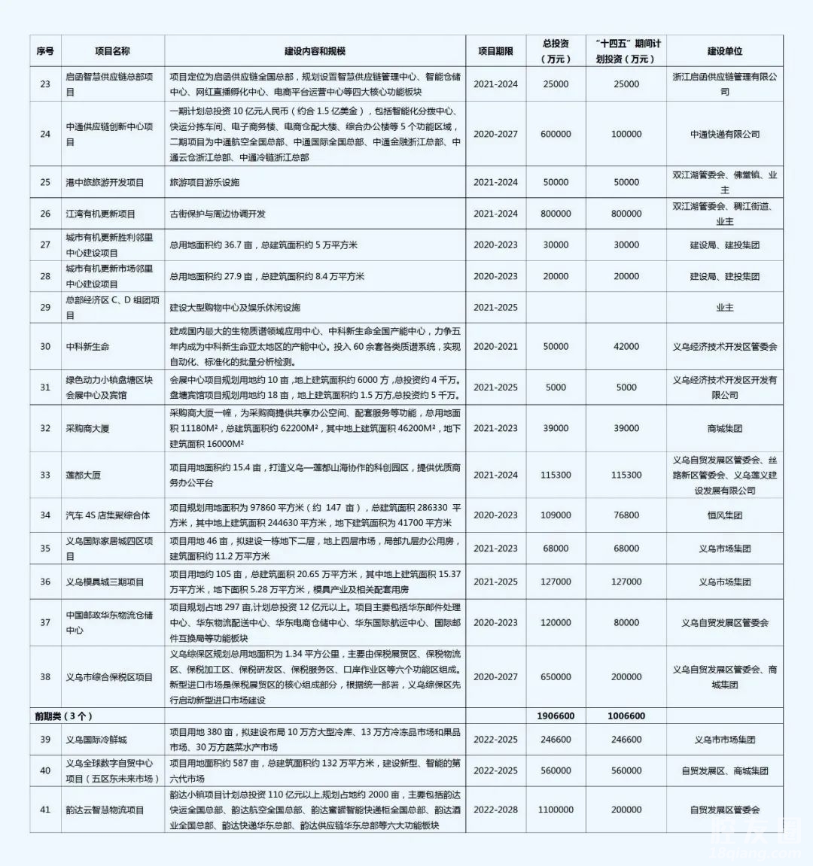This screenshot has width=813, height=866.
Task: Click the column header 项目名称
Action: [x=112, y=51]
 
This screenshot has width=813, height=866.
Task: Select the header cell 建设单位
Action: [x=724, y=51]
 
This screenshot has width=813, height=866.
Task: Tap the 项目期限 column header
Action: [x=495, y=51]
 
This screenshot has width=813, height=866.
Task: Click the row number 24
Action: [x=45, y=134]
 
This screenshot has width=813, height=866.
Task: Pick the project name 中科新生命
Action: [x=87, y=347]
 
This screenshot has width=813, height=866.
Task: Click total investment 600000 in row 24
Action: [x=556, y=134]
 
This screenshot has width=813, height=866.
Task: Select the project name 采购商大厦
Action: [x=87, y=428]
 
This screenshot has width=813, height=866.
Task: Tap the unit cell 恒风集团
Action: [x=724, y=515]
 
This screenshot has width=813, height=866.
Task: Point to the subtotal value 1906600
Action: [x=556, y=716]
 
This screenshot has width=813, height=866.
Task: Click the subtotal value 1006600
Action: [x=626, y=716]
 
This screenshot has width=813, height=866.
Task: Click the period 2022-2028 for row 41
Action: [x=495, y=810]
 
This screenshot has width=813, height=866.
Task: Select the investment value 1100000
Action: [x=556, y=810]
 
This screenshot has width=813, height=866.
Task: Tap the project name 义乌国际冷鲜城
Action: [x=96, y=740]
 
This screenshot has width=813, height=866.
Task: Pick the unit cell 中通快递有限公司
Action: [x=724, y=134]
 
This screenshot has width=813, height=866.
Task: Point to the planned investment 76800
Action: [x=626, y=515]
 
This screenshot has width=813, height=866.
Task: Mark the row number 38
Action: [x=45, y=677]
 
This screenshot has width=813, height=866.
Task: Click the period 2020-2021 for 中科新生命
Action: [x=495, y=347]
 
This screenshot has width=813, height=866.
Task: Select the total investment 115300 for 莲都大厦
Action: [x=556, y=476]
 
